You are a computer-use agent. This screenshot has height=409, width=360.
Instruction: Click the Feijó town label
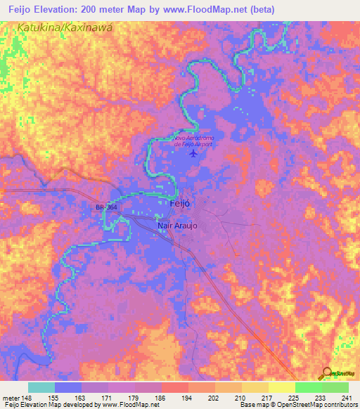(x=181, y=202)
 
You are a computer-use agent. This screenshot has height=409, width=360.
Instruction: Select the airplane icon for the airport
(x=195, y=153)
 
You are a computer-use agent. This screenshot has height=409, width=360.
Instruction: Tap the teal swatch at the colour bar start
(x=41, y=387)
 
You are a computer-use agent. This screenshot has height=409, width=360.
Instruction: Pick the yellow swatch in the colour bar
(x=281, y=387)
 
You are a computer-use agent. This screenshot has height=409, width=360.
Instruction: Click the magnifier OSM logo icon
(x=327, y=372)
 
